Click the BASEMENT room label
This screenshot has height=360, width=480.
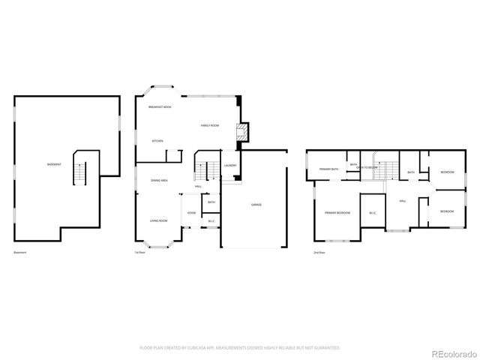click(54, 164)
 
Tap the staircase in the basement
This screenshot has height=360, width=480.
click(79, 175)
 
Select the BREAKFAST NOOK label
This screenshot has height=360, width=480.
click(160, 108)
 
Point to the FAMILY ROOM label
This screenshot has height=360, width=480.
click(209, 125)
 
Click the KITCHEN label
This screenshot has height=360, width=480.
click(157, 141)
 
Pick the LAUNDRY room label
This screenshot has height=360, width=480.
click(230, 166)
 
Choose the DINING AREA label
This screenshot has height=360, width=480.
click(158, 181)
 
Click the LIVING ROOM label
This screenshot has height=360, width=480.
click(158, 220)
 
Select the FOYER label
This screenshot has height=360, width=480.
click(191, 213)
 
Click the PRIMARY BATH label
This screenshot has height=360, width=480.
click(328, 169)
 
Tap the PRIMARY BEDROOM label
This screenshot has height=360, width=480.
click(337, 214)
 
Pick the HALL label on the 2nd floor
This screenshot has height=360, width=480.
click(403, 201)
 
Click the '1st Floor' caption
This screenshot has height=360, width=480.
click(139, 253)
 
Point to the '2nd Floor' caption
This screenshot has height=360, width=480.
click(319, 253)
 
